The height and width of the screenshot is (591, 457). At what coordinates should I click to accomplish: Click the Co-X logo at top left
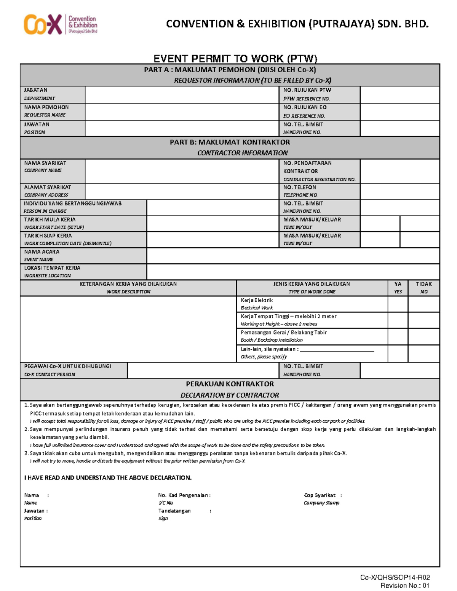(x=60, y=24)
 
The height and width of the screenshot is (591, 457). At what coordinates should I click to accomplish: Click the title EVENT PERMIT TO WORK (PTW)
(x=235, y=59)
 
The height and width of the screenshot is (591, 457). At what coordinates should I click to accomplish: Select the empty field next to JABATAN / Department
(x=182, y=94)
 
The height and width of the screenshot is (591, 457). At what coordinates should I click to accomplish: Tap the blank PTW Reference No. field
(x=399, y=94)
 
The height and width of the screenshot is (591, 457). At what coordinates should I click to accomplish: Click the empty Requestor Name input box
(x=182, y=112)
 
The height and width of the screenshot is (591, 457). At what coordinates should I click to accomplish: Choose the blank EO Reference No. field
(x=399, y=112)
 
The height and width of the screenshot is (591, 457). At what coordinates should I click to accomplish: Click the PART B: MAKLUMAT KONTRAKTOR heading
(x=230, y=142)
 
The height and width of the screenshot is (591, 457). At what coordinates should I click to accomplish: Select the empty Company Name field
(x=182, y=171)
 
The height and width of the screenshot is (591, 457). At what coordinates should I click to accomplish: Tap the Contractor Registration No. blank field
(x=399, y=171)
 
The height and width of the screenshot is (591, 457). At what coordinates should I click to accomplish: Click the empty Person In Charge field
(x=213, y=207)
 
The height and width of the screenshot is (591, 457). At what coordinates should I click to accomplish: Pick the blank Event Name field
(x=292, y=256)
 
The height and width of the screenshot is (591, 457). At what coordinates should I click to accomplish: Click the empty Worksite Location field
(x=292, y=272)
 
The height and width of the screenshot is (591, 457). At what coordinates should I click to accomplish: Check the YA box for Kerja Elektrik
(x=398, y=304)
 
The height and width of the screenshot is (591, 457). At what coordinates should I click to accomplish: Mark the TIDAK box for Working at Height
(x=423, y=320)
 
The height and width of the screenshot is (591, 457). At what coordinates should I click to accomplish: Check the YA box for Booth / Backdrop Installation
(x=398, y=336)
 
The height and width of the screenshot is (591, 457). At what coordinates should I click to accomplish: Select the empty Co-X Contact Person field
(x=203, y=370)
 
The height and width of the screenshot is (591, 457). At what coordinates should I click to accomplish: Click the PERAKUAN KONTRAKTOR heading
(x=230, y=384)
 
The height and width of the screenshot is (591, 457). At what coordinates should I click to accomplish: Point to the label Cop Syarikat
(x=320, y=495)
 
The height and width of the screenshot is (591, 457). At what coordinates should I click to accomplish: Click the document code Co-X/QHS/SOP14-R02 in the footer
(x=395, y=577)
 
